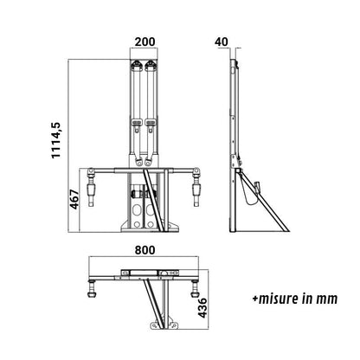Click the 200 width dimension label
coord(145,42)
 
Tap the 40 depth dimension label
coord(222,42)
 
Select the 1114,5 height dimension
coord(56,140)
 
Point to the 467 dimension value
coord(74,199)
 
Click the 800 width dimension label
coord(145,250)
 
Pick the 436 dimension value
coord(202,308)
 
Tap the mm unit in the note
coord(327,300)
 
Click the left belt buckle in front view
coord(136,123)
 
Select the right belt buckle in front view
coord(151,123)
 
